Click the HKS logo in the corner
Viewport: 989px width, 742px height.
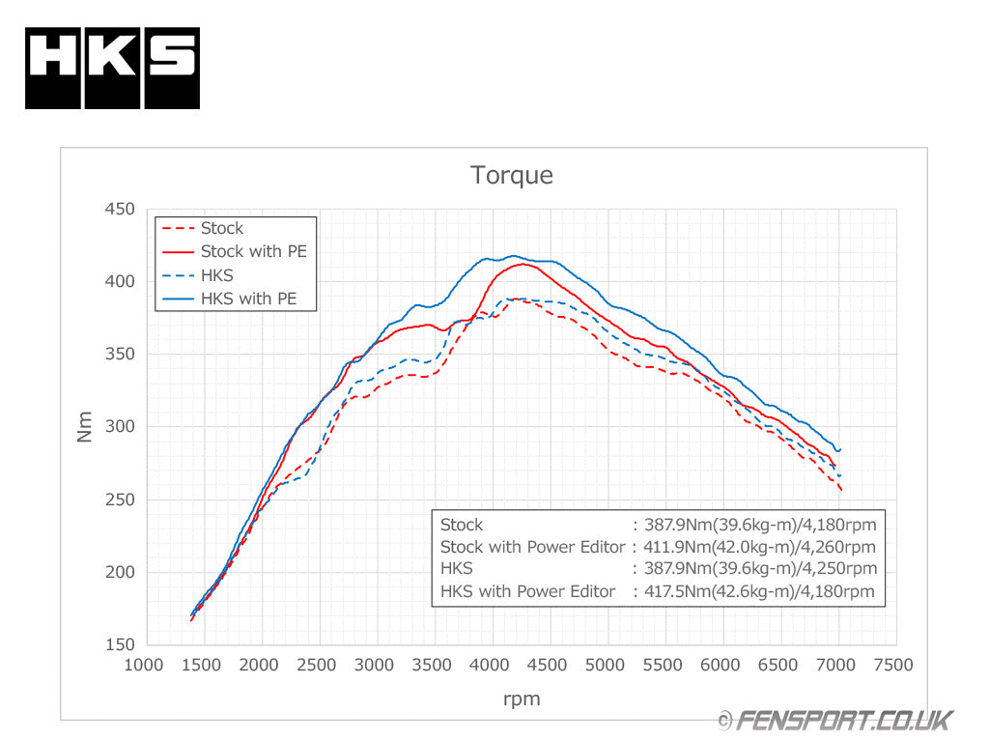[112, 68]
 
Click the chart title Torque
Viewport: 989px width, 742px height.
[512, 175]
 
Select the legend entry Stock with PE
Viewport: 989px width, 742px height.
[252, 251]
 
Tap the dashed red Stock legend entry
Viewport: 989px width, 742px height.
[221, 228]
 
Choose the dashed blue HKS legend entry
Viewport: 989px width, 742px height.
[216, 275]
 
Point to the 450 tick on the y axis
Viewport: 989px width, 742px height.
[121, 209]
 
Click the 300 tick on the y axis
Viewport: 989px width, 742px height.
[121, 427]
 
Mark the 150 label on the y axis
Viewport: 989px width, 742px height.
[121, 644]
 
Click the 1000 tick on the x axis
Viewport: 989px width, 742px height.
[145, 665]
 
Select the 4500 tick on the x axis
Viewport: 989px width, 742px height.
[549, 665]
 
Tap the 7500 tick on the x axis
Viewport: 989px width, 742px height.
[893, 665]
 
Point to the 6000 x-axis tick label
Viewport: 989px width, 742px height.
[721, 665]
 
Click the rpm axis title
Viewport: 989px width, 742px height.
[521, 699]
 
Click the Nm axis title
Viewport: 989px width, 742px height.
[85, 427]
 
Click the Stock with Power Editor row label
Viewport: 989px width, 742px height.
[532, 547]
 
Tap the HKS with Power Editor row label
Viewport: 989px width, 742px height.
[527, 591]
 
